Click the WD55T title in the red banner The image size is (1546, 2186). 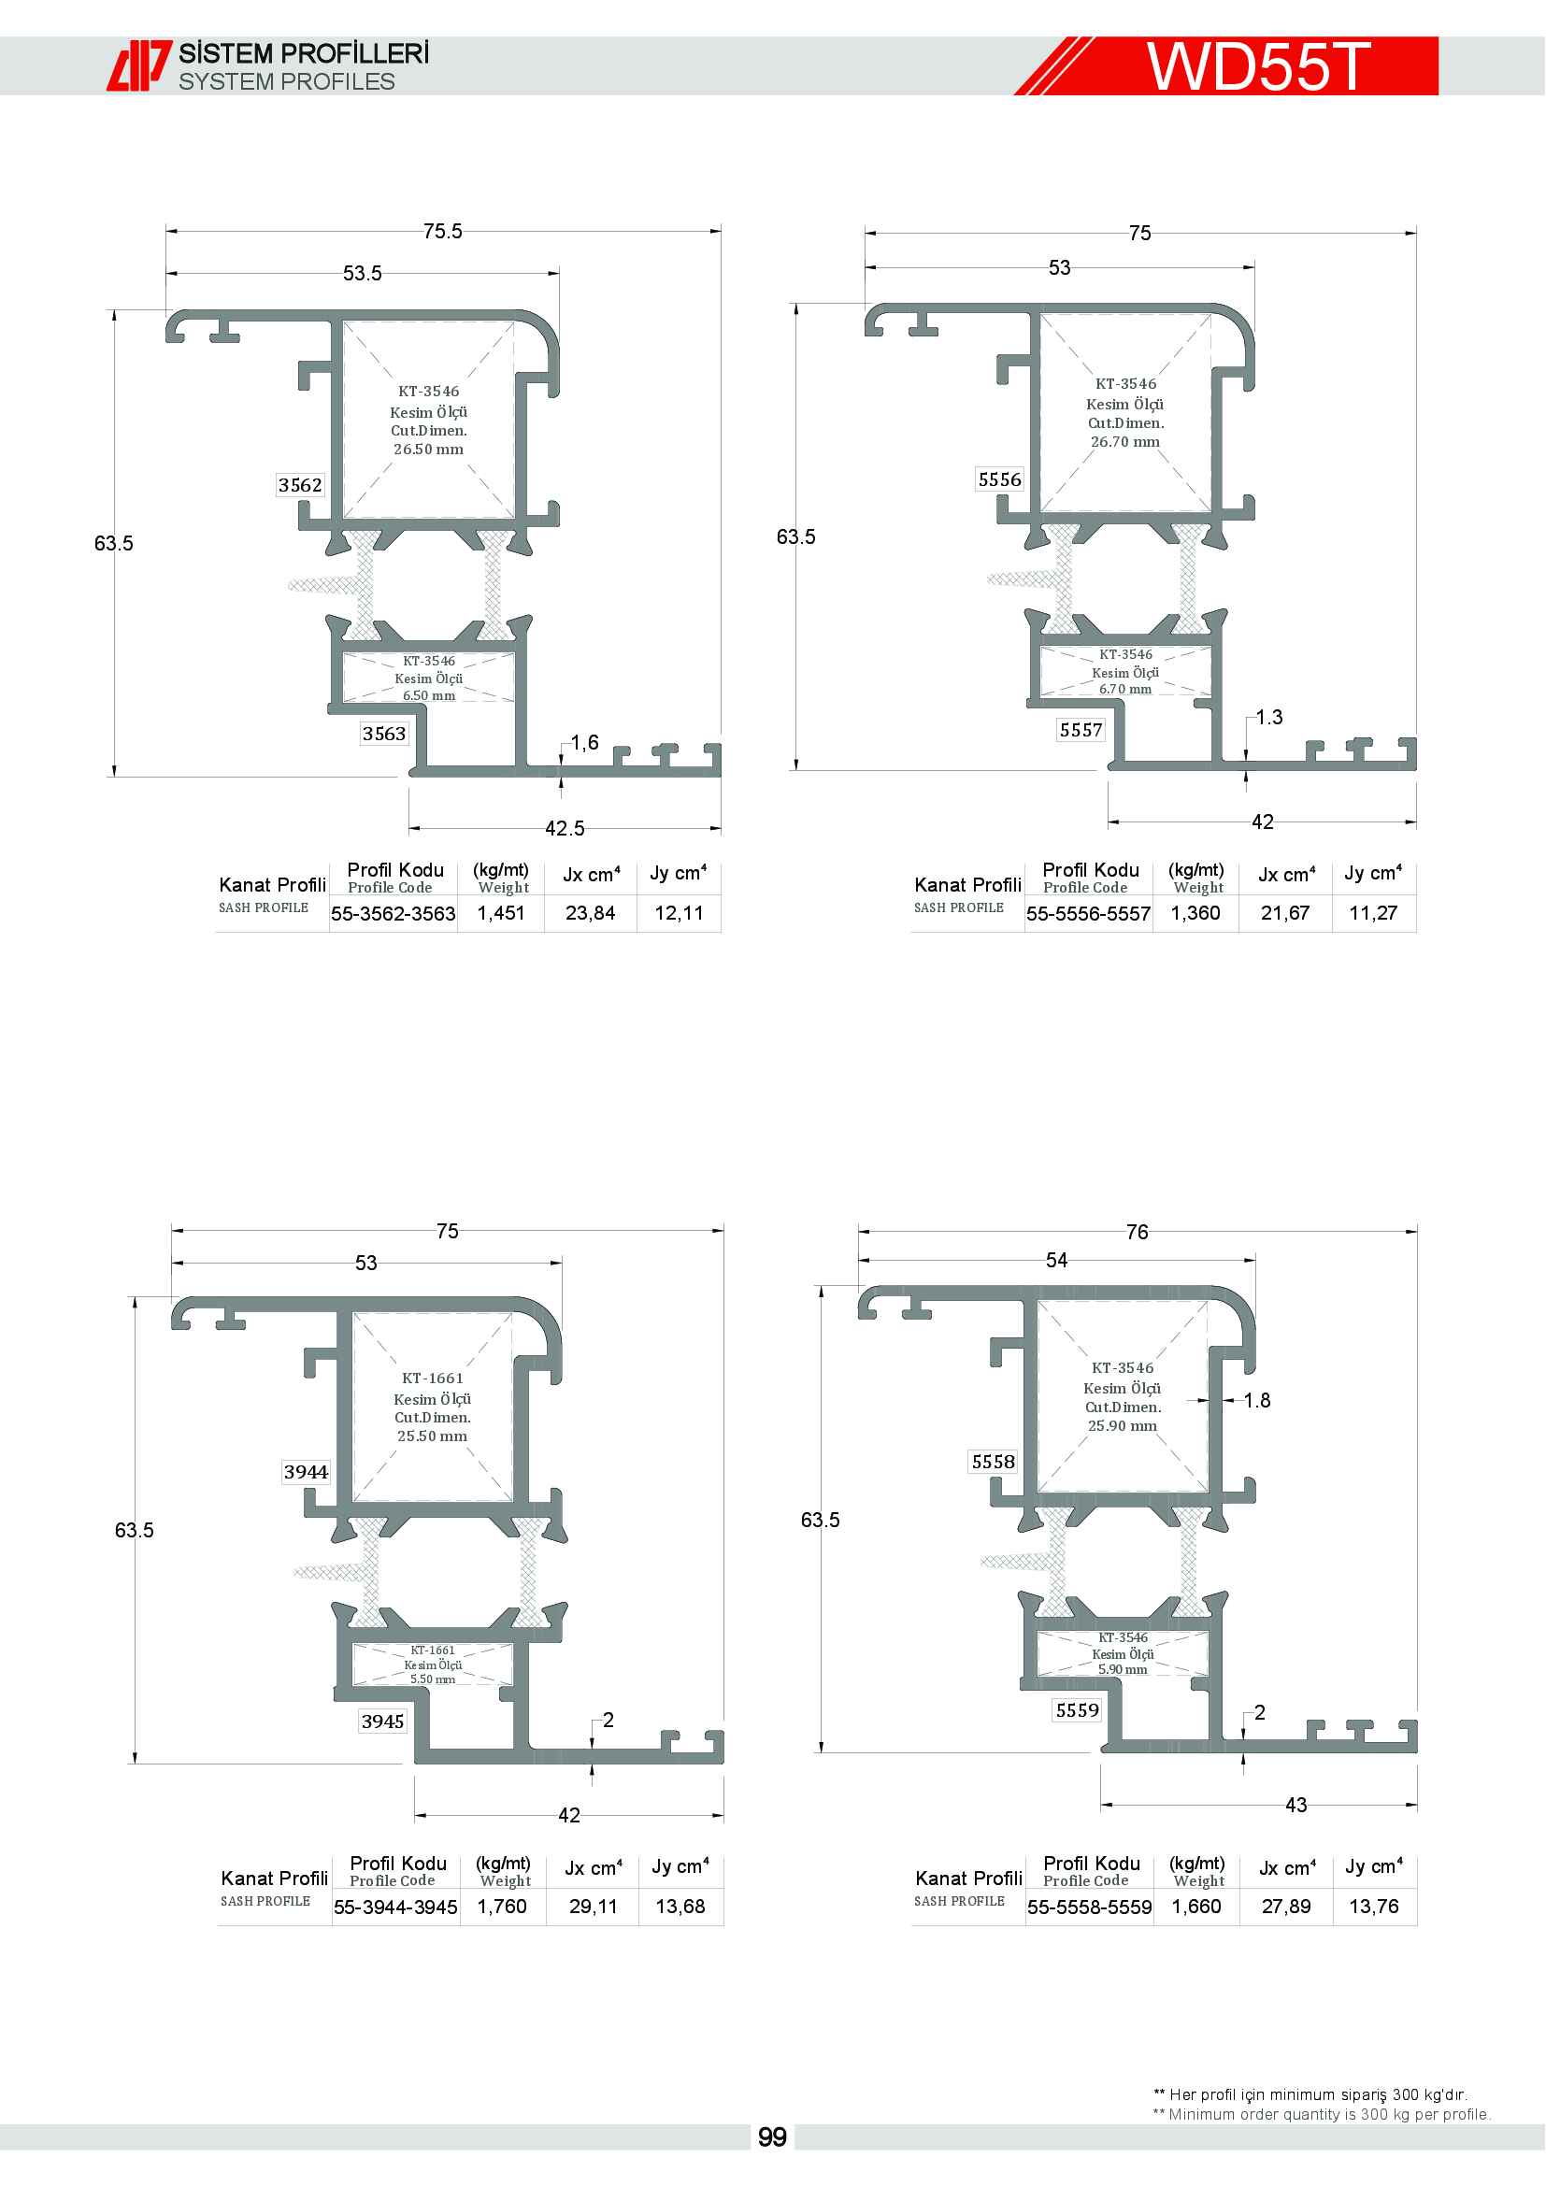coord(1257,65)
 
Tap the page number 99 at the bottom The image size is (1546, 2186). coord(772,2137)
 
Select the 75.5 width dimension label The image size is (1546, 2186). coord(443,232)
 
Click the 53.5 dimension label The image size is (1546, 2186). coord(362,273)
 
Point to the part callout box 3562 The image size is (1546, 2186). coord(300,486)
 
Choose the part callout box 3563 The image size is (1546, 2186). coord(383,734)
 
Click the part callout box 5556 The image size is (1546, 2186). coord(999,479)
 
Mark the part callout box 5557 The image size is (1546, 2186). coord(1081,730)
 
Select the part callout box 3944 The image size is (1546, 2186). coord(306,1472)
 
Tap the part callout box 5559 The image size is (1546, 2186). coord(1077,1710)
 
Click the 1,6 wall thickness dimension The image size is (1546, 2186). coord(584,743)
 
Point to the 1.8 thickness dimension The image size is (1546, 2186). coord(1256,1400)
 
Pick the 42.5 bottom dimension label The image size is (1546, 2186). coord(565,828)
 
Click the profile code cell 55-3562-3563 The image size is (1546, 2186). coord(394,913)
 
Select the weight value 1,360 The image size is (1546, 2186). coord(1195,913)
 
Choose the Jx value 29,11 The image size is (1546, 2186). coord(594,1906)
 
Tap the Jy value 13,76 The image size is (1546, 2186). coord(1374,1906)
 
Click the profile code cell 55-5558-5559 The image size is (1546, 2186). coord(1089,1907)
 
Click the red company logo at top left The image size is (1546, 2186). coord(139,65)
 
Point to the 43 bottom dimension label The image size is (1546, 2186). coord(1295,1806)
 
